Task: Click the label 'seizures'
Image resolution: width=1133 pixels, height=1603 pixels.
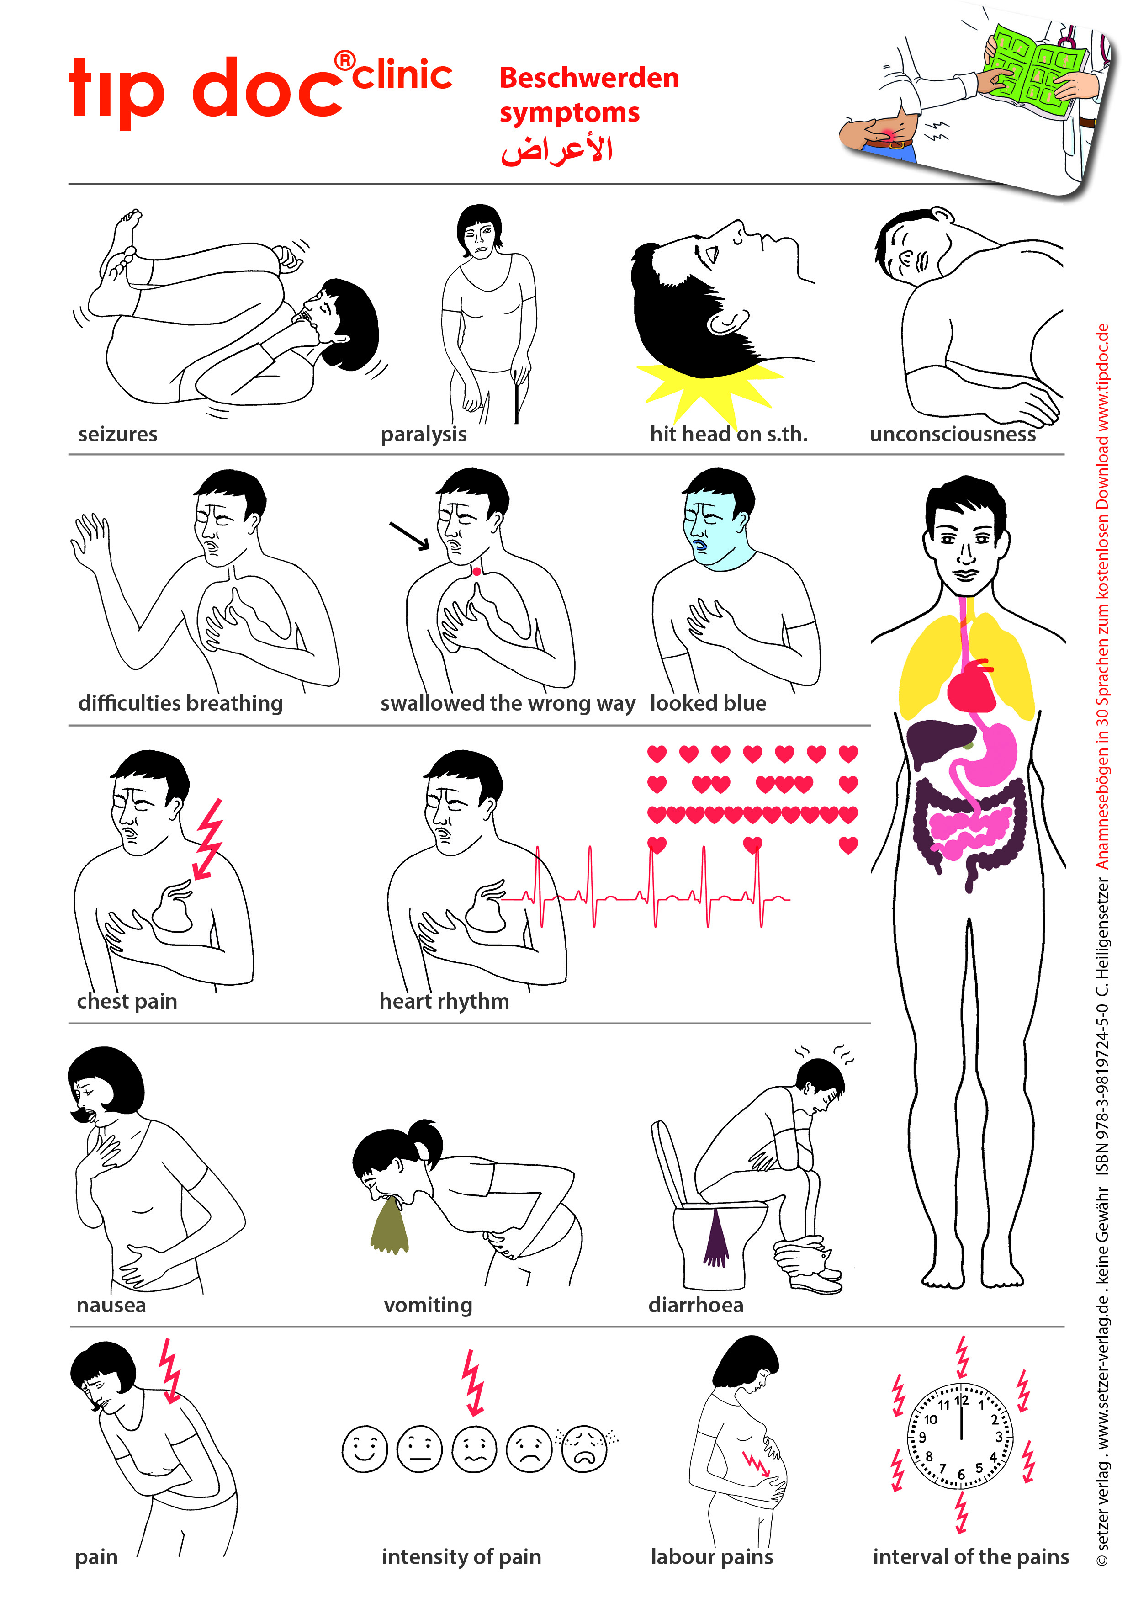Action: [117, 434]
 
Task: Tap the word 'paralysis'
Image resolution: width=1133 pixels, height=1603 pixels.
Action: [424, 434]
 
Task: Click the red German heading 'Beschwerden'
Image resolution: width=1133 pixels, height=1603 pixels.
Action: [589, 78]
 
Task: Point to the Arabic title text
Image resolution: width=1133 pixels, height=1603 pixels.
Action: [557, 149]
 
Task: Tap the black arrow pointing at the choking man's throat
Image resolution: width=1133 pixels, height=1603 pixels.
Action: [410, 536]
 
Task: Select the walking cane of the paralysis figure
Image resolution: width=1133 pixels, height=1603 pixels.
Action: [517, 395]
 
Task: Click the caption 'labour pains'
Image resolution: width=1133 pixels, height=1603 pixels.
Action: [712, 1557]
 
